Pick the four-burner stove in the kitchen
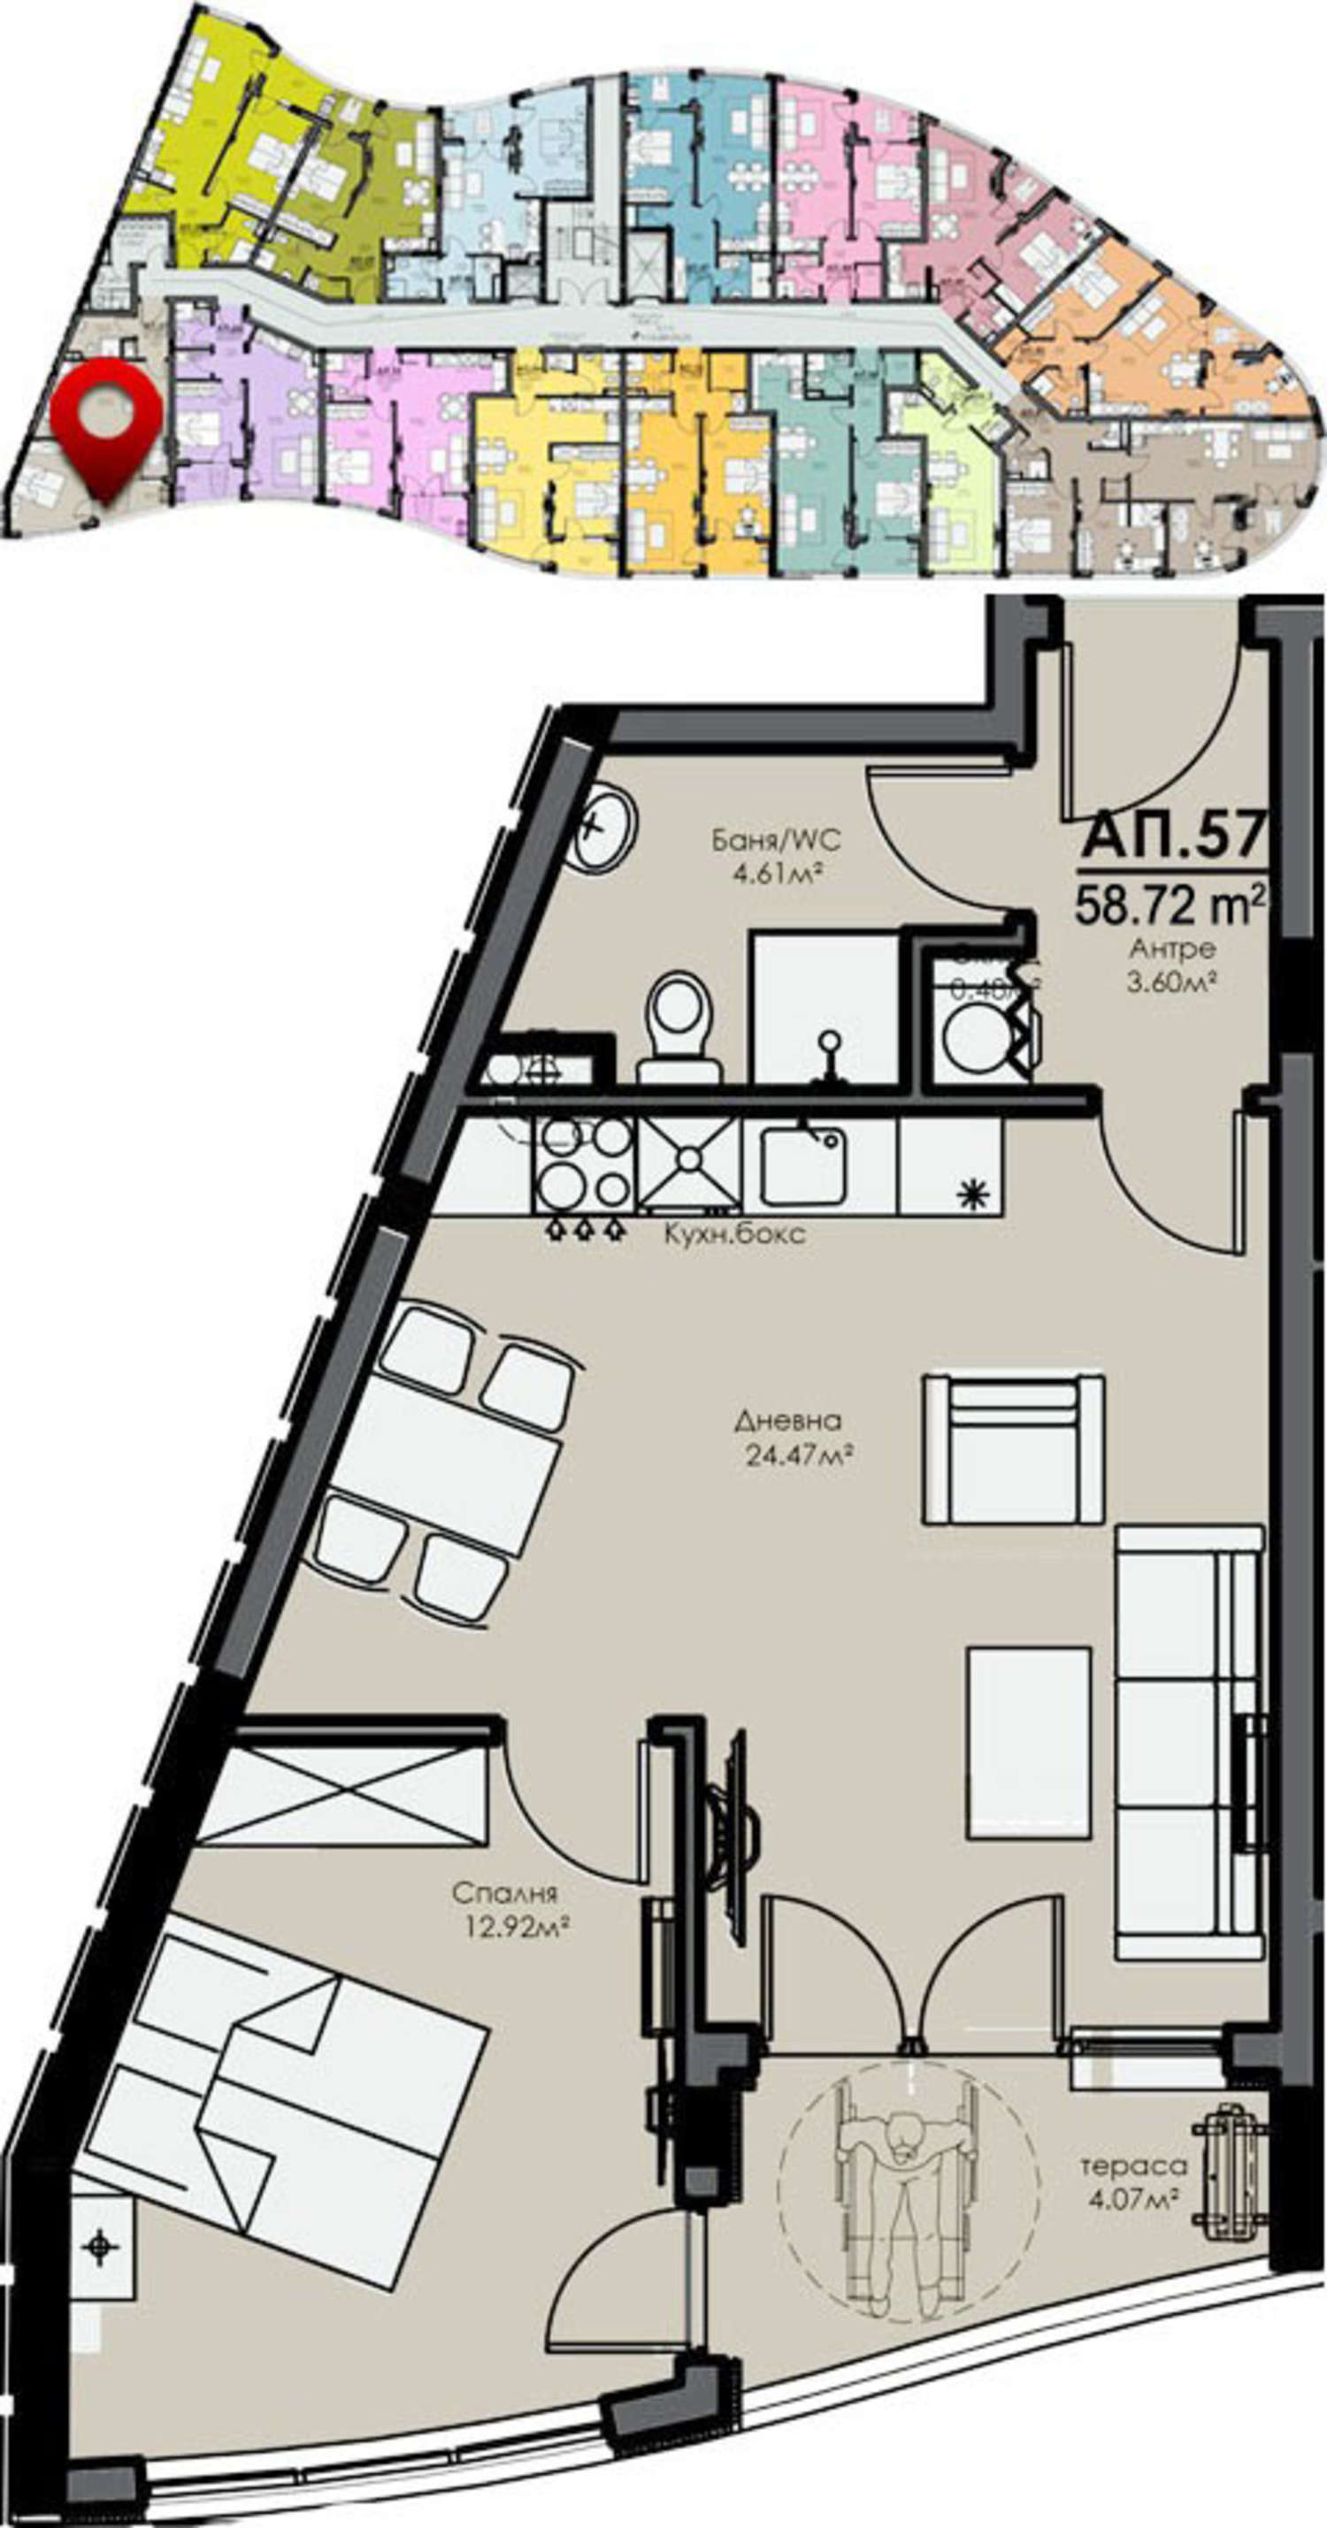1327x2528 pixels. coord(584,1164)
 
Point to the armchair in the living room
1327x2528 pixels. coord(1013,1450)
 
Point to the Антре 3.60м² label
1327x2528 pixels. coord(1172,965)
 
